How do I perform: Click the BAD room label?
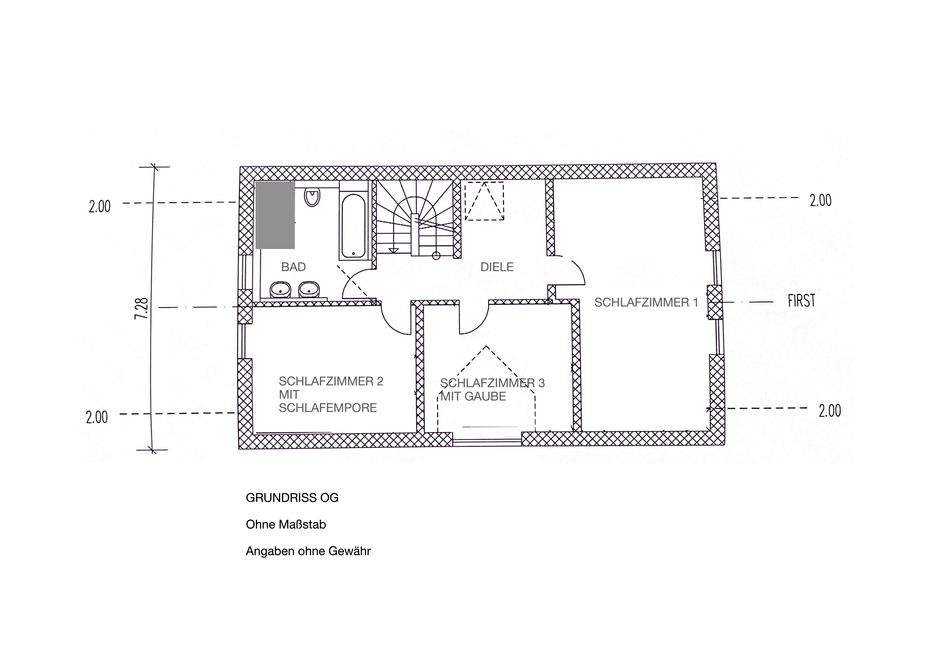click(x=293, y=267)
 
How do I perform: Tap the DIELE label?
click(x=497, y=267)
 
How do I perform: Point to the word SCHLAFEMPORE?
click(x=328, y=408)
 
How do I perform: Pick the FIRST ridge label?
click(x=801, y=301)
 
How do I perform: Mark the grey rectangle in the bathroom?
click(x=275, y=215)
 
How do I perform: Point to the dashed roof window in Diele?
click(x=484, y=201)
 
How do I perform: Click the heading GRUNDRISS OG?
click(x=292, y=498)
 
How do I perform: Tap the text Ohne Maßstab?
click(x=286, y=525)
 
